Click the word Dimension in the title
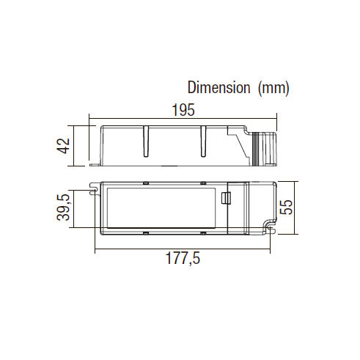(x=218, y=87)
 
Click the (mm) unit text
(x=273, y=88)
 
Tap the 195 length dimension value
(x=183, y=110)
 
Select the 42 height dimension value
(x=64, y=146)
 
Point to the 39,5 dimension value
(x=64, y=207)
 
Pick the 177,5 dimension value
(x=183, y=258)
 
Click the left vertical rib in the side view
(x=146, y=142)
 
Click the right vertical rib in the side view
(x=203, y=142)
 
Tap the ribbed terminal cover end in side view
(x=265, y=149)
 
